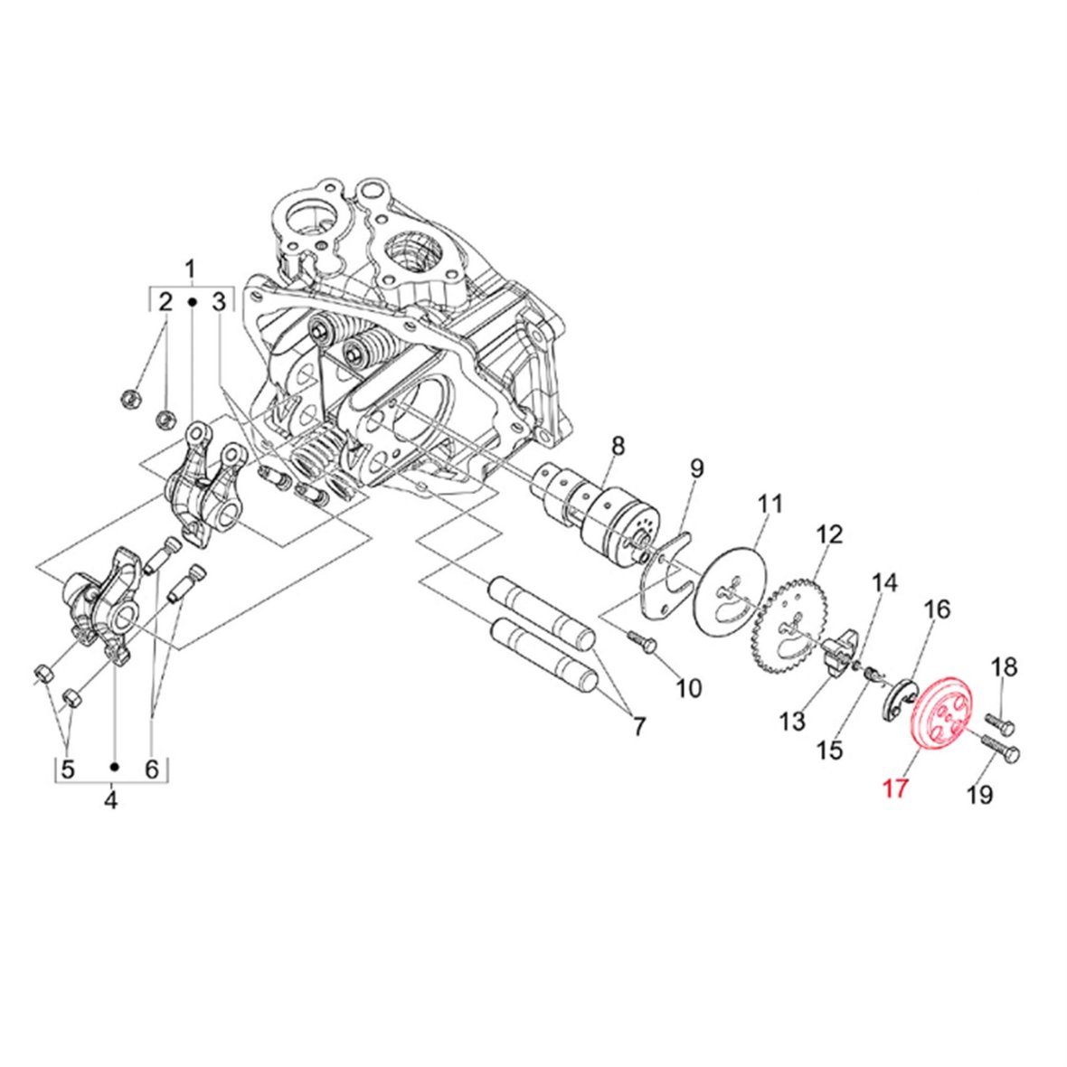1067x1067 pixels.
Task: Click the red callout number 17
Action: pyautogui.click(x=895, y=788)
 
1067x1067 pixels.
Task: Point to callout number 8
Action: pyautogui.click(x=618, y=447)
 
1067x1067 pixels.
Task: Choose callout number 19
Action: pyautogui.click(x=980, y=793)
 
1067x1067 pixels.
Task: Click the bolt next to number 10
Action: pyautogui.click(x=642, y=640)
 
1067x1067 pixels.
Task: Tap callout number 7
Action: pyautogui.click(x=638, y=726)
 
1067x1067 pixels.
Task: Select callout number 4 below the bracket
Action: pyautogui.click(x=111, y=800)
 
